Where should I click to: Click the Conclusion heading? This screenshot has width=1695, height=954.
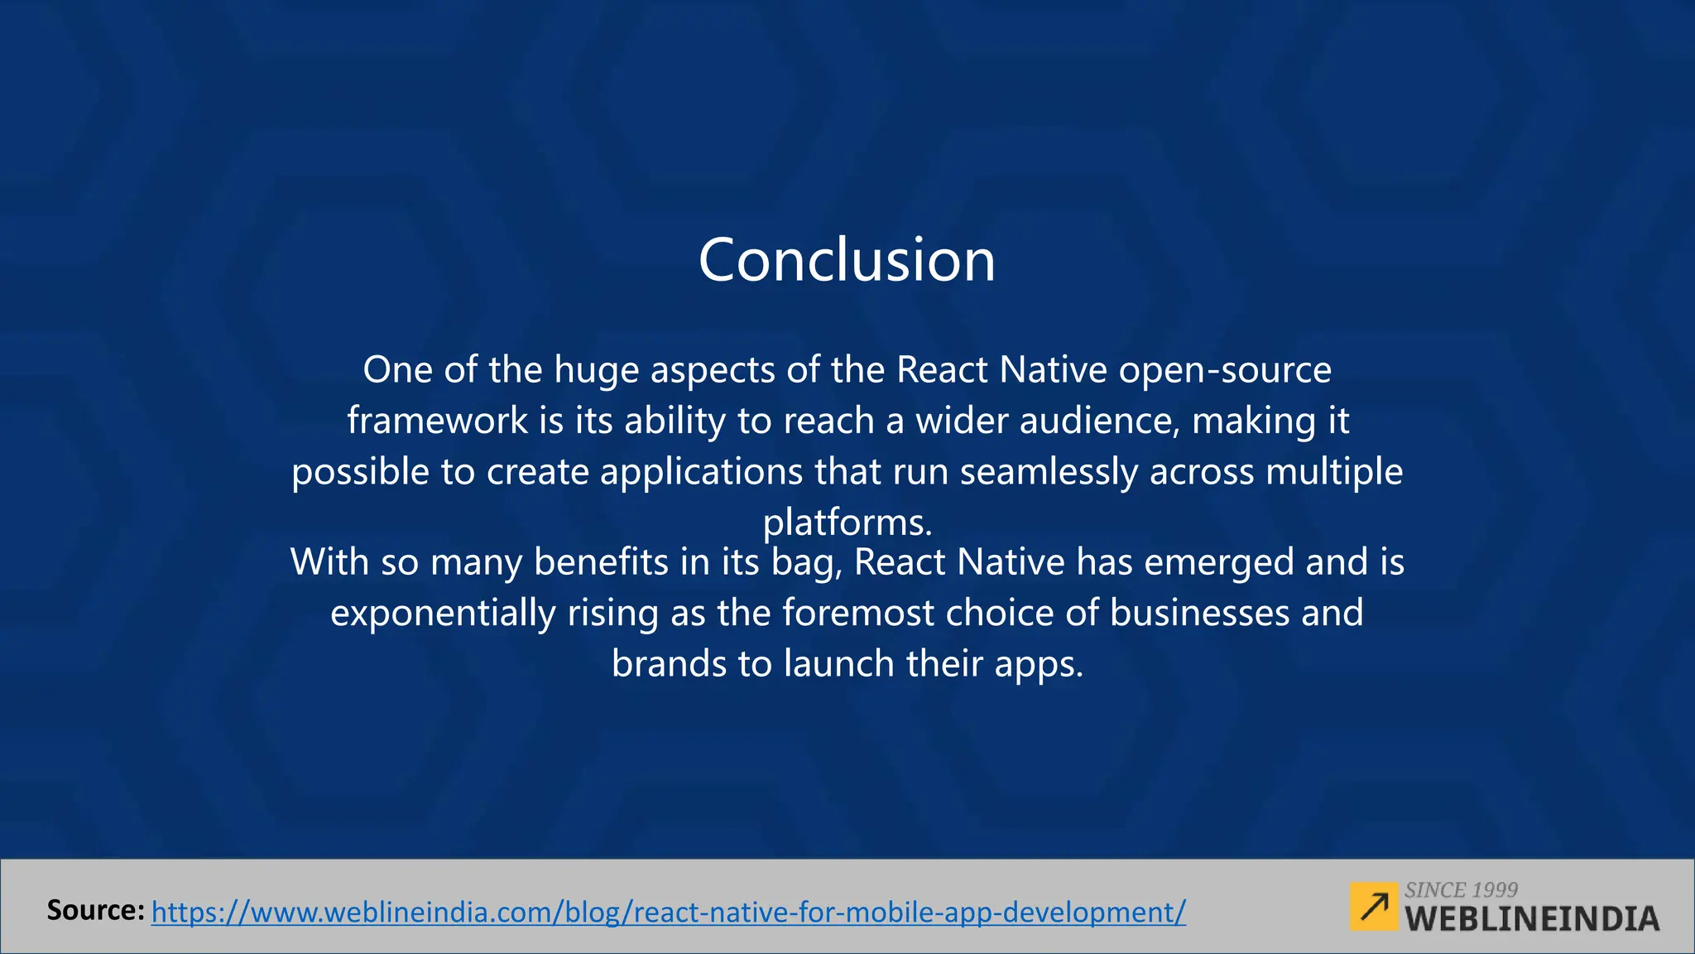[x=847, y=260]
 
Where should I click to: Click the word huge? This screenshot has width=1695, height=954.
[x=596, y=370]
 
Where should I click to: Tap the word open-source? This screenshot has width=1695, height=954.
[x=1225, y=370]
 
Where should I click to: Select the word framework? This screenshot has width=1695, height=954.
[x=437, y=421]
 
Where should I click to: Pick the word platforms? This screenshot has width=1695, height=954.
[x=847, y=523]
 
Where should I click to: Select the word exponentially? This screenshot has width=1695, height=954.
[x=443, y=614]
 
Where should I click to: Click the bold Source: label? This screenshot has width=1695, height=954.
[x=96, y=911]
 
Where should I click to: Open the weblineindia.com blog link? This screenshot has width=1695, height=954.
[x=669, y=913]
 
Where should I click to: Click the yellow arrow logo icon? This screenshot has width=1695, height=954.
[x=1374, y=907]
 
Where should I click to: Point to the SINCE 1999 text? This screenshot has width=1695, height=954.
[x=1461, y=890]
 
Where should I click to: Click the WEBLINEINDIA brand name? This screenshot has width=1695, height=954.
[x=1532, y=919]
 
